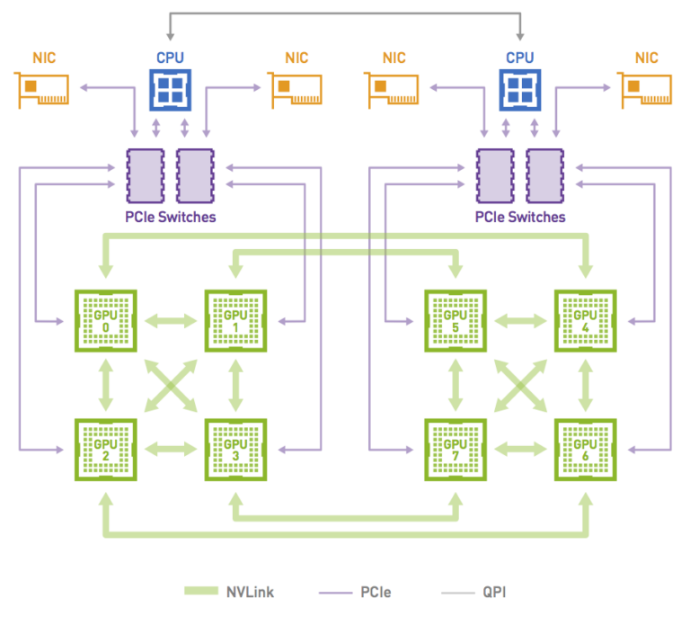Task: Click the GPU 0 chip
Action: point(106,320)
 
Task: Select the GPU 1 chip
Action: point(235,320)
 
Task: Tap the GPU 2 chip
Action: point(106,449)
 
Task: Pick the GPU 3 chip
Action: point(235,449)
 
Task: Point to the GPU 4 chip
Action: point(585,320)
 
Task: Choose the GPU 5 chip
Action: point(456,320)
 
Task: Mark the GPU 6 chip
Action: point(585,449)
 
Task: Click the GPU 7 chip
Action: point(456,449)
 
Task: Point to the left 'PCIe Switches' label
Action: point(171,217)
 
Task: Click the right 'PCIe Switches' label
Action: point(520,217)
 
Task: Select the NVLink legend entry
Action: point(229,592)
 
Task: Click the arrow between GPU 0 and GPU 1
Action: point(171,320)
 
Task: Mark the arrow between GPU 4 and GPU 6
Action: point(585,385)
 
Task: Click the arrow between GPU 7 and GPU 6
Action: point(520,449)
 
